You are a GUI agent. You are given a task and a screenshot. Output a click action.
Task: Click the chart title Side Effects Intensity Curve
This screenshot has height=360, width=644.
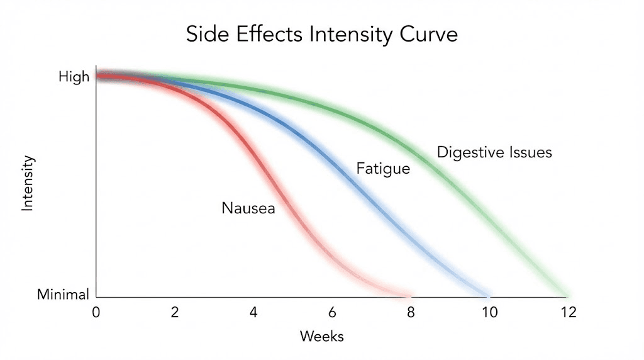(x=321, y=34)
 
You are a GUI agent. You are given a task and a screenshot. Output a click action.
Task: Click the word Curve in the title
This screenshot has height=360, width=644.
(x=427, y=34)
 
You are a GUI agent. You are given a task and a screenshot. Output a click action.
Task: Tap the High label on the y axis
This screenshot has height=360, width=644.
(x=74, y=77)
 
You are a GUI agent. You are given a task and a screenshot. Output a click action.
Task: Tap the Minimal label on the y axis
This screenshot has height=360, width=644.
(x=63, y=294)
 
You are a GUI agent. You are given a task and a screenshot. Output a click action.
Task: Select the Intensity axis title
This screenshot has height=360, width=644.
(x=28, y=183)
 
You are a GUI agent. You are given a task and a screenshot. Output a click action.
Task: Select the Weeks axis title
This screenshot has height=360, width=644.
(x=321, y=336)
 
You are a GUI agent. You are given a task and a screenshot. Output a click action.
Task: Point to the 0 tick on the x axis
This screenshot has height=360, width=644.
(x=96, y=312)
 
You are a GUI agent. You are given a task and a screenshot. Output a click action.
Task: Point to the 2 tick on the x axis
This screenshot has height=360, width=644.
(x=174, y=312)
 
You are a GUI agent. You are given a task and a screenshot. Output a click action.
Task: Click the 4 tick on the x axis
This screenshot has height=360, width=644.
(x=253, y=312)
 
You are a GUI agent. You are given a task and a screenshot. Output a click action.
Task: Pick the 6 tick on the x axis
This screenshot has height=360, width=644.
(x=332, y=312)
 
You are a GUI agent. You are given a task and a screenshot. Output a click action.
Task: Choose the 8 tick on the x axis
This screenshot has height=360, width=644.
(x=411, y=312)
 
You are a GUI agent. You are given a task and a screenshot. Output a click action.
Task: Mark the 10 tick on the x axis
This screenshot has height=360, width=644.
(x=489, y=312)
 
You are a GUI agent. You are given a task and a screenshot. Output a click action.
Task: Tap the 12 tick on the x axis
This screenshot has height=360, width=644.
(x=569, y=312)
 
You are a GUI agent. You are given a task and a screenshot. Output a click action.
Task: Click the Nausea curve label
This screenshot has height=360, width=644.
(x=248, y=208)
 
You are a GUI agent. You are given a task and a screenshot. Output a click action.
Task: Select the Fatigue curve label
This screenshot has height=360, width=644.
(x=383, y=169)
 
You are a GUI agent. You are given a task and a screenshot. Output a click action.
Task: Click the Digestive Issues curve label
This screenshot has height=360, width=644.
(x=494, y=152)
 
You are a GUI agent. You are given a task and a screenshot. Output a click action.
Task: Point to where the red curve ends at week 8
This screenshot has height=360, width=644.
(x=410, y=295)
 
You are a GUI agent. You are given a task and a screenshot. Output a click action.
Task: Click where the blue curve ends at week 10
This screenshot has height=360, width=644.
(x=488, y=295)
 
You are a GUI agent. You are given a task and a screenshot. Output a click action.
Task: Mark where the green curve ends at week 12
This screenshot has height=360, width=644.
(x=567, y=295)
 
